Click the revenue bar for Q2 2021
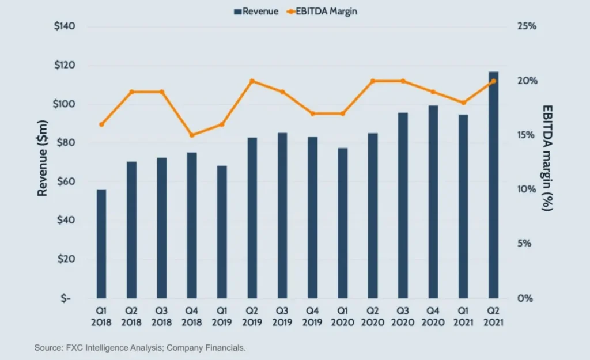click(494, 184)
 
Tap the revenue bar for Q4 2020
click(433, 202)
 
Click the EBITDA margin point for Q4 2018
click(192, 135)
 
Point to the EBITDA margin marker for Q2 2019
click(252, 81)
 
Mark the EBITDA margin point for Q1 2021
click(463, 103)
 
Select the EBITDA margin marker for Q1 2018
click(101, 124)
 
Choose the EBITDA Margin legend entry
click(323, 11)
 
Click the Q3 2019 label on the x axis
click(282, 317)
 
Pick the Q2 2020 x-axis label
click(373, 317)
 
